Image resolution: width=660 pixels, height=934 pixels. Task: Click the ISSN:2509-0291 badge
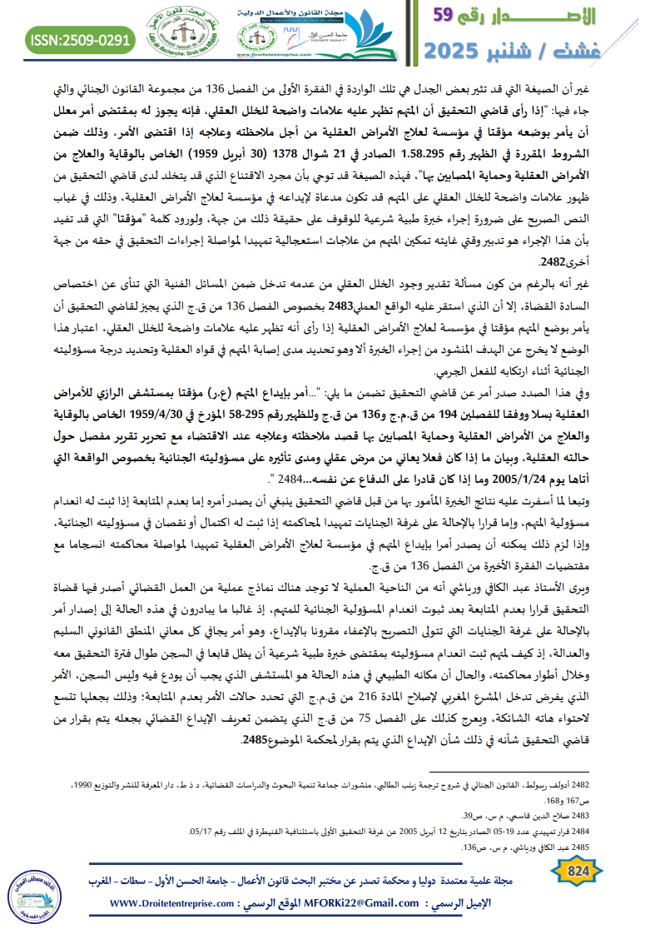81,40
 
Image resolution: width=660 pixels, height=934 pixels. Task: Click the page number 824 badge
578,871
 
